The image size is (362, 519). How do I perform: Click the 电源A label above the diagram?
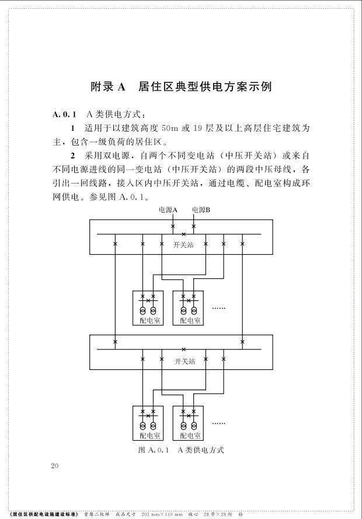click(x=168, y=210)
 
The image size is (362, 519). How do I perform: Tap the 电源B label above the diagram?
click(x=201, y=210)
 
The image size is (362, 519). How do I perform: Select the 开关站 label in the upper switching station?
click(x=183, y=245)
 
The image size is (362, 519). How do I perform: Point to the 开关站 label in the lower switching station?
click(x=183, y=361)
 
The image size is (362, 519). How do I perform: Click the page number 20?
click(x=55, y=466)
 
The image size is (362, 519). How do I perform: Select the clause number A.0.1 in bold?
click(x=64, y=113)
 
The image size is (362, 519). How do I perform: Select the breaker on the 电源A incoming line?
click(x=173, y=225)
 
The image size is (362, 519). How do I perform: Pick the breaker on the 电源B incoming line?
click(x=194, y=225)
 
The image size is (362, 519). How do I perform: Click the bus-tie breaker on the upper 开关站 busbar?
click(x=183, y=235)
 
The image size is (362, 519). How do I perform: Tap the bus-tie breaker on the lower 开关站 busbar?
click(x=183, y=350)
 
